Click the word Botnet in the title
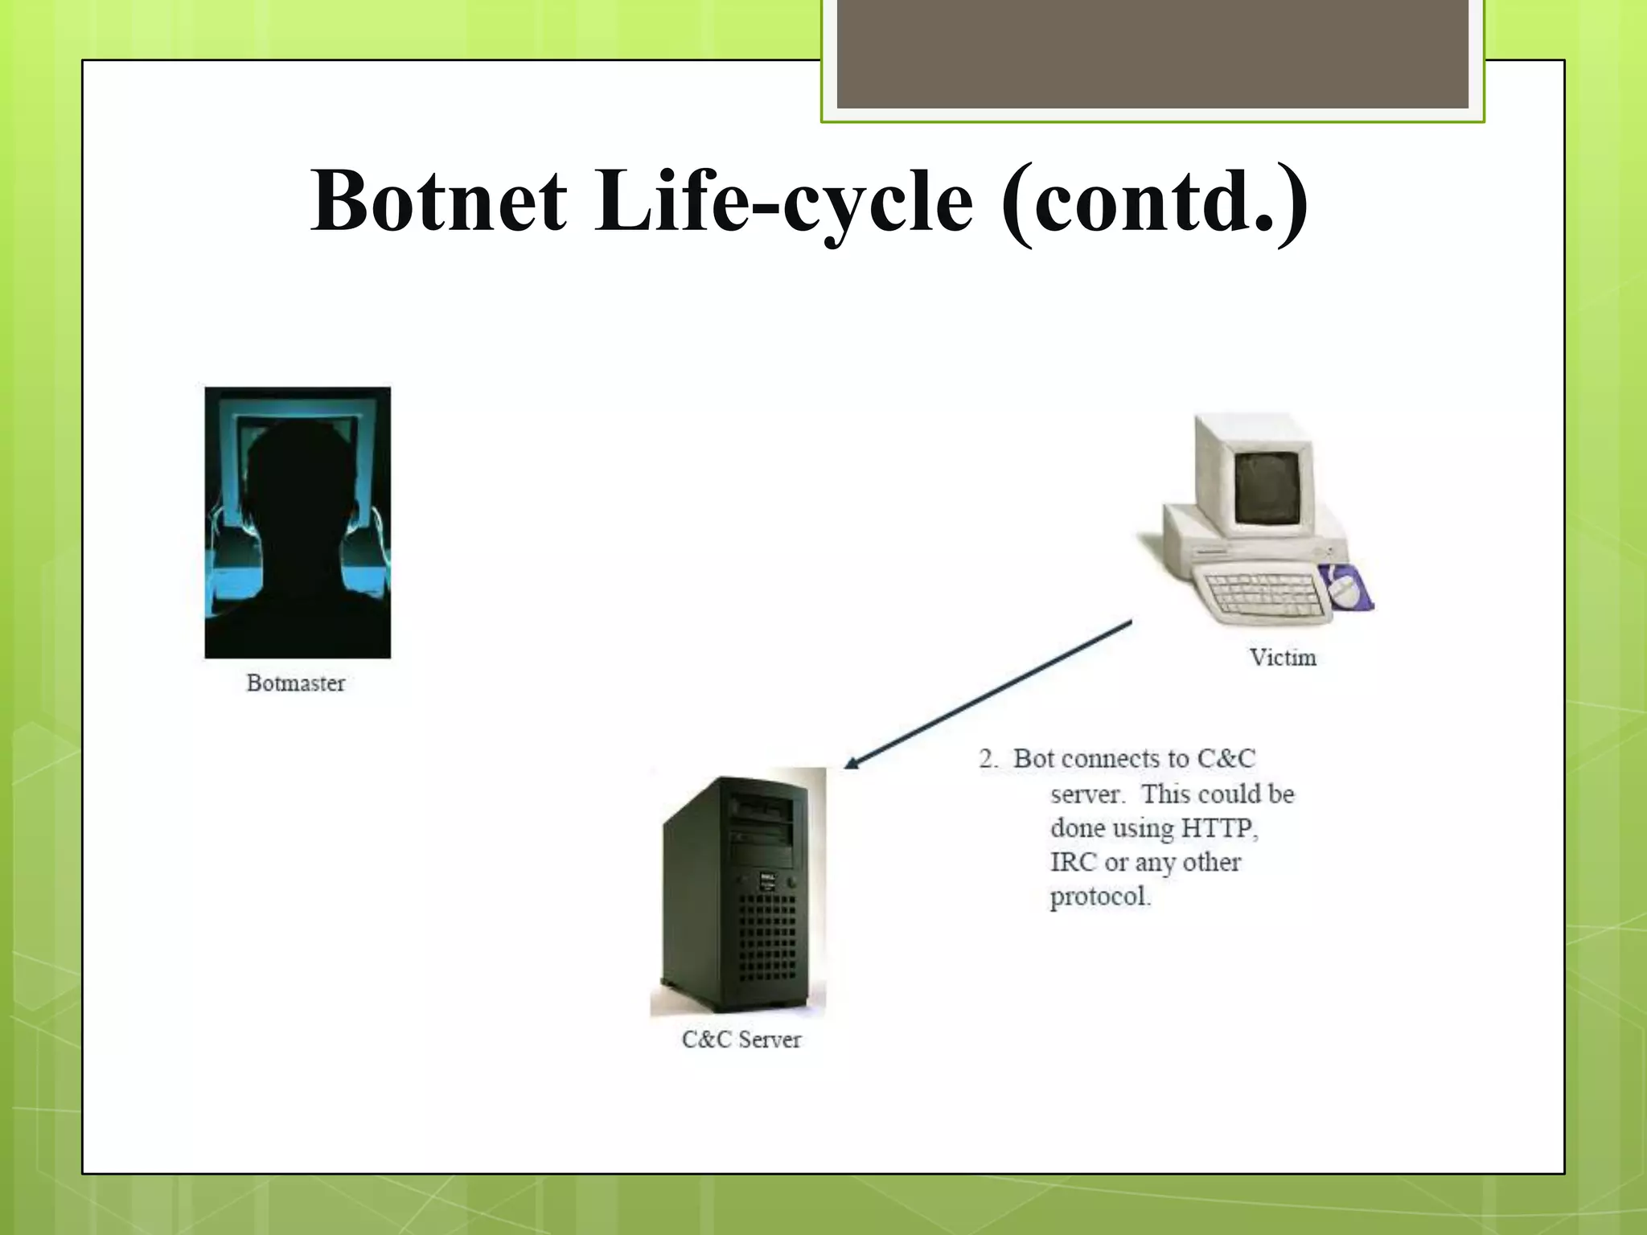coord(439,201)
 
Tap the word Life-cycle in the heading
coord(784,201)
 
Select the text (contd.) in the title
coord(1155,201)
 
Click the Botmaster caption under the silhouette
coord(295,683)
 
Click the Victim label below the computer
coord(1283,658)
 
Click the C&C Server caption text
coord(741,1040)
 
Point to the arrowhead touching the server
coord(851,763)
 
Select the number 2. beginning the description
coord(988,759)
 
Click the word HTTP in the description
coord(1218,828)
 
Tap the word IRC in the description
coord(1073,863)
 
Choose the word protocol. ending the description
coord(1100,897)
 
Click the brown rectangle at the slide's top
coord(1152,53)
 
